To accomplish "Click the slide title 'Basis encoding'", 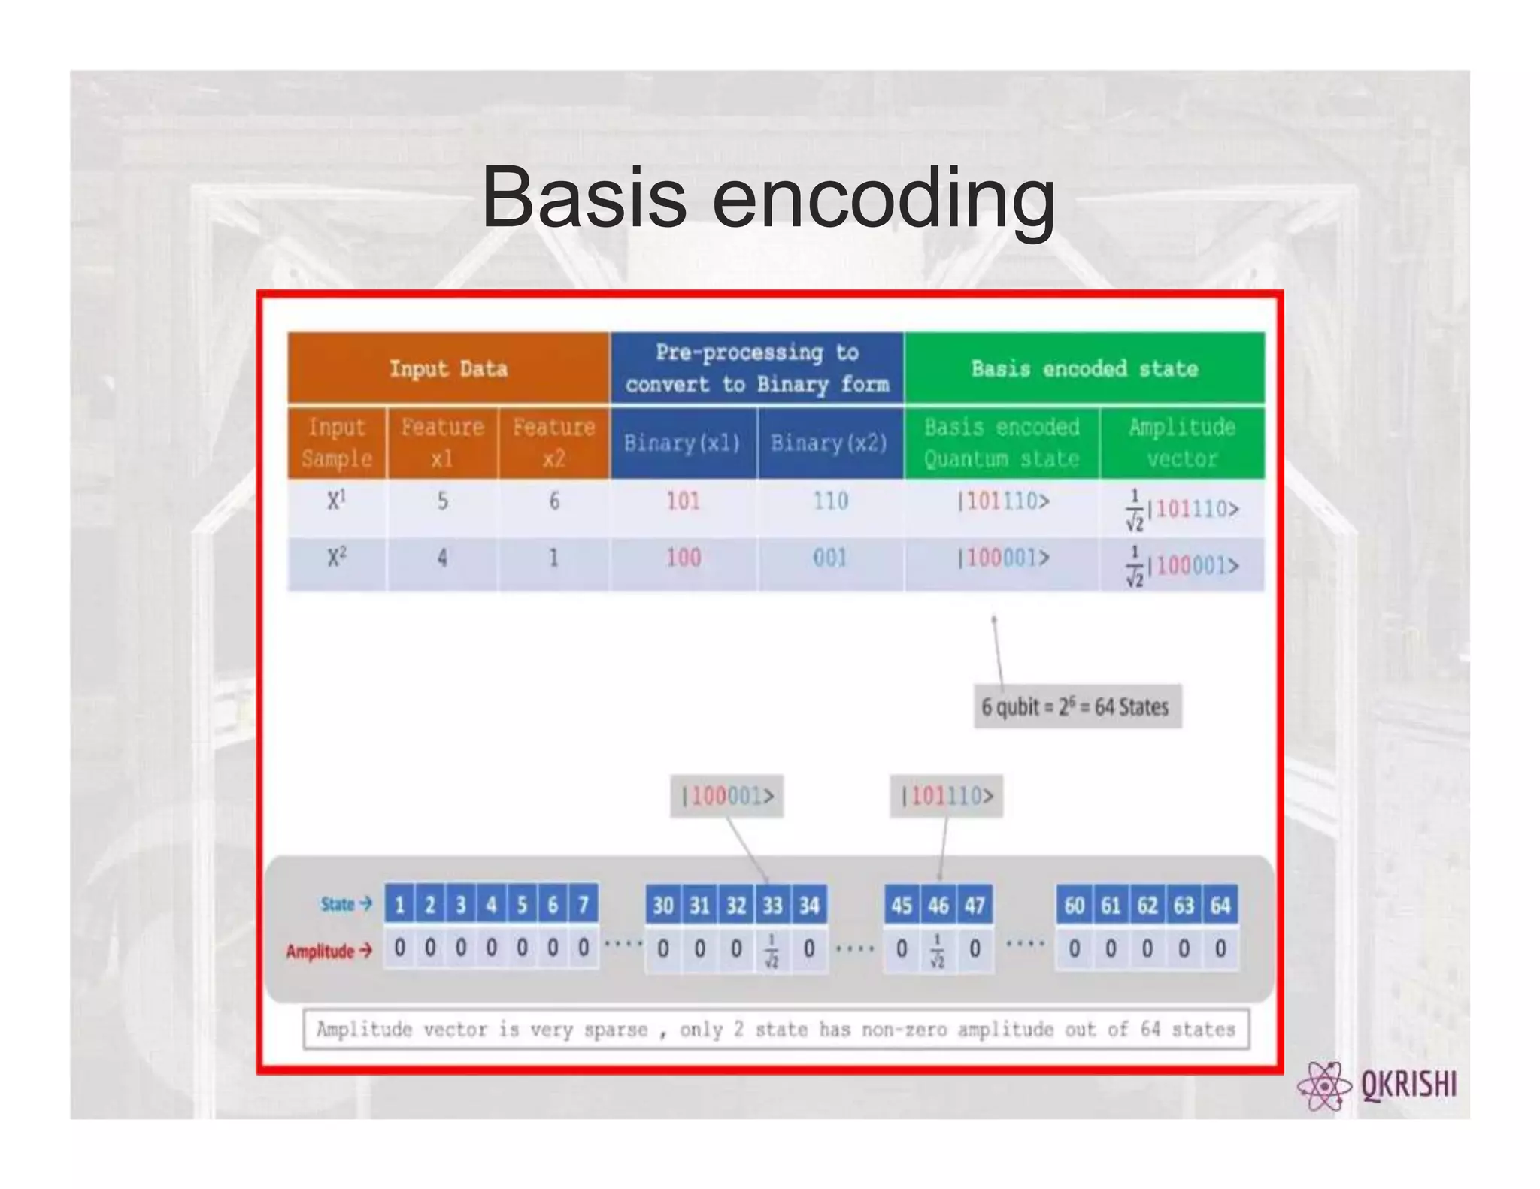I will point(768,198).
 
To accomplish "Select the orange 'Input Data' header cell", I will point(448,368).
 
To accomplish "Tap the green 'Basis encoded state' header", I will point(1084,368).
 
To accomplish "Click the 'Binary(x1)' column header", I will point(682,443).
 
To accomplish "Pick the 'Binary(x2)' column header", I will point(829,443).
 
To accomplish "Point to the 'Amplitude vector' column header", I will point(1181,443).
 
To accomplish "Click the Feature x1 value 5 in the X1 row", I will point(442,501).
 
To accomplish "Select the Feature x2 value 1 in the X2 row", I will point(553,558).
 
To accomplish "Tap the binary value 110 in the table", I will point(830,501).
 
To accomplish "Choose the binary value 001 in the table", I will point(830,558).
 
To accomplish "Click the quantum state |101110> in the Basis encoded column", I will point(1003,501).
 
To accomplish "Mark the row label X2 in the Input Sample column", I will point(337,558).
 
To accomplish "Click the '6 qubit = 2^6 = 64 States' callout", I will point(1076,706).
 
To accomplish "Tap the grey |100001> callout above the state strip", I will point(726,796).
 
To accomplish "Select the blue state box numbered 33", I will point(772,905).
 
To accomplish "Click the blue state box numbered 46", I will point(938,905).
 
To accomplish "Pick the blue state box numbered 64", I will point(1220,905).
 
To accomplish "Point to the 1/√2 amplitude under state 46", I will point(938,950).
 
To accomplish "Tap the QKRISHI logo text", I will point(1408,1085).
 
